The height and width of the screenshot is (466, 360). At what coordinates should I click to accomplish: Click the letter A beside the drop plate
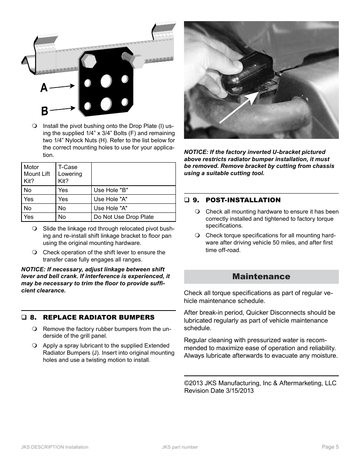[44, 88]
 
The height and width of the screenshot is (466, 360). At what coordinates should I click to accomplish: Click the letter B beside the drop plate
[45, 111]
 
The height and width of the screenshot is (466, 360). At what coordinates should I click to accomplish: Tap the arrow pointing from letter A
[62, 86]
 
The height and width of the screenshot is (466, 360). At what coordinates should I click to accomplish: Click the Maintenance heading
[261, 277]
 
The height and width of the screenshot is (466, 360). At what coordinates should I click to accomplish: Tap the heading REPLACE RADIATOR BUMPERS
[98, 317]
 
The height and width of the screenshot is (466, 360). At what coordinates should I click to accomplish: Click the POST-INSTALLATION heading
[243, 200]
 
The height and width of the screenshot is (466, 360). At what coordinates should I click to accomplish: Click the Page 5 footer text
[330, 447]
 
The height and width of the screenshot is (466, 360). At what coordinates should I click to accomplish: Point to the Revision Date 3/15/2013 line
[219, 391]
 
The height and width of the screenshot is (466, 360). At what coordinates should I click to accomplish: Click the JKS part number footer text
[180, 447]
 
